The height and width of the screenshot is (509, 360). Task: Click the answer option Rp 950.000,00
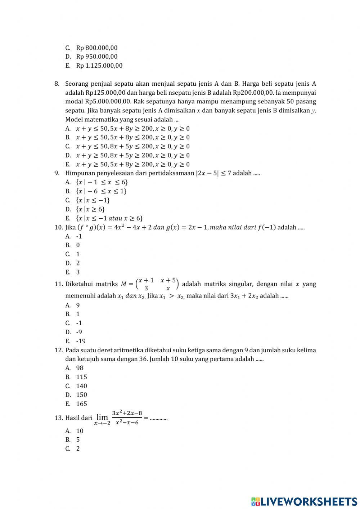[96, 57]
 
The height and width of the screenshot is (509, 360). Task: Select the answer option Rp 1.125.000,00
[99, 66]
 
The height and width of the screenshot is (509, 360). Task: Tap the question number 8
[57, 84]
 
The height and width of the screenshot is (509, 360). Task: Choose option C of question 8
[132, 146]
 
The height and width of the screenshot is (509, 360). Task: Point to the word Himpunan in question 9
[78, 173]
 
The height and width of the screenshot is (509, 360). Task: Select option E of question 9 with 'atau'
[109, 218]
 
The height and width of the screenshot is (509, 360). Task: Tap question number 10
[59, 227]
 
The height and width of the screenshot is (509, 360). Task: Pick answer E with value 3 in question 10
[78, 272]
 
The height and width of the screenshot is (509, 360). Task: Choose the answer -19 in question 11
[81, 341]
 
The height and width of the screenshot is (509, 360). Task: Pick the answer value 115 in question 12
[81, 377]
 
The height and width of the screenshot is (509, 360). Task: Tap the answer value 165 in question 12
[81, 404]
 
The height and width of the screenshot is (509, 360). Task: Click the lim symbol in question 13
[102, 417]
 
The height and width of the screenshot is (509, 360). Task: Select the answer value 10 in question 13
[80, 431]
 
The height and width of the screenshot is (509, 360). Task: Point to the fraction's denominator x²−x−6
[127, 423]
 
